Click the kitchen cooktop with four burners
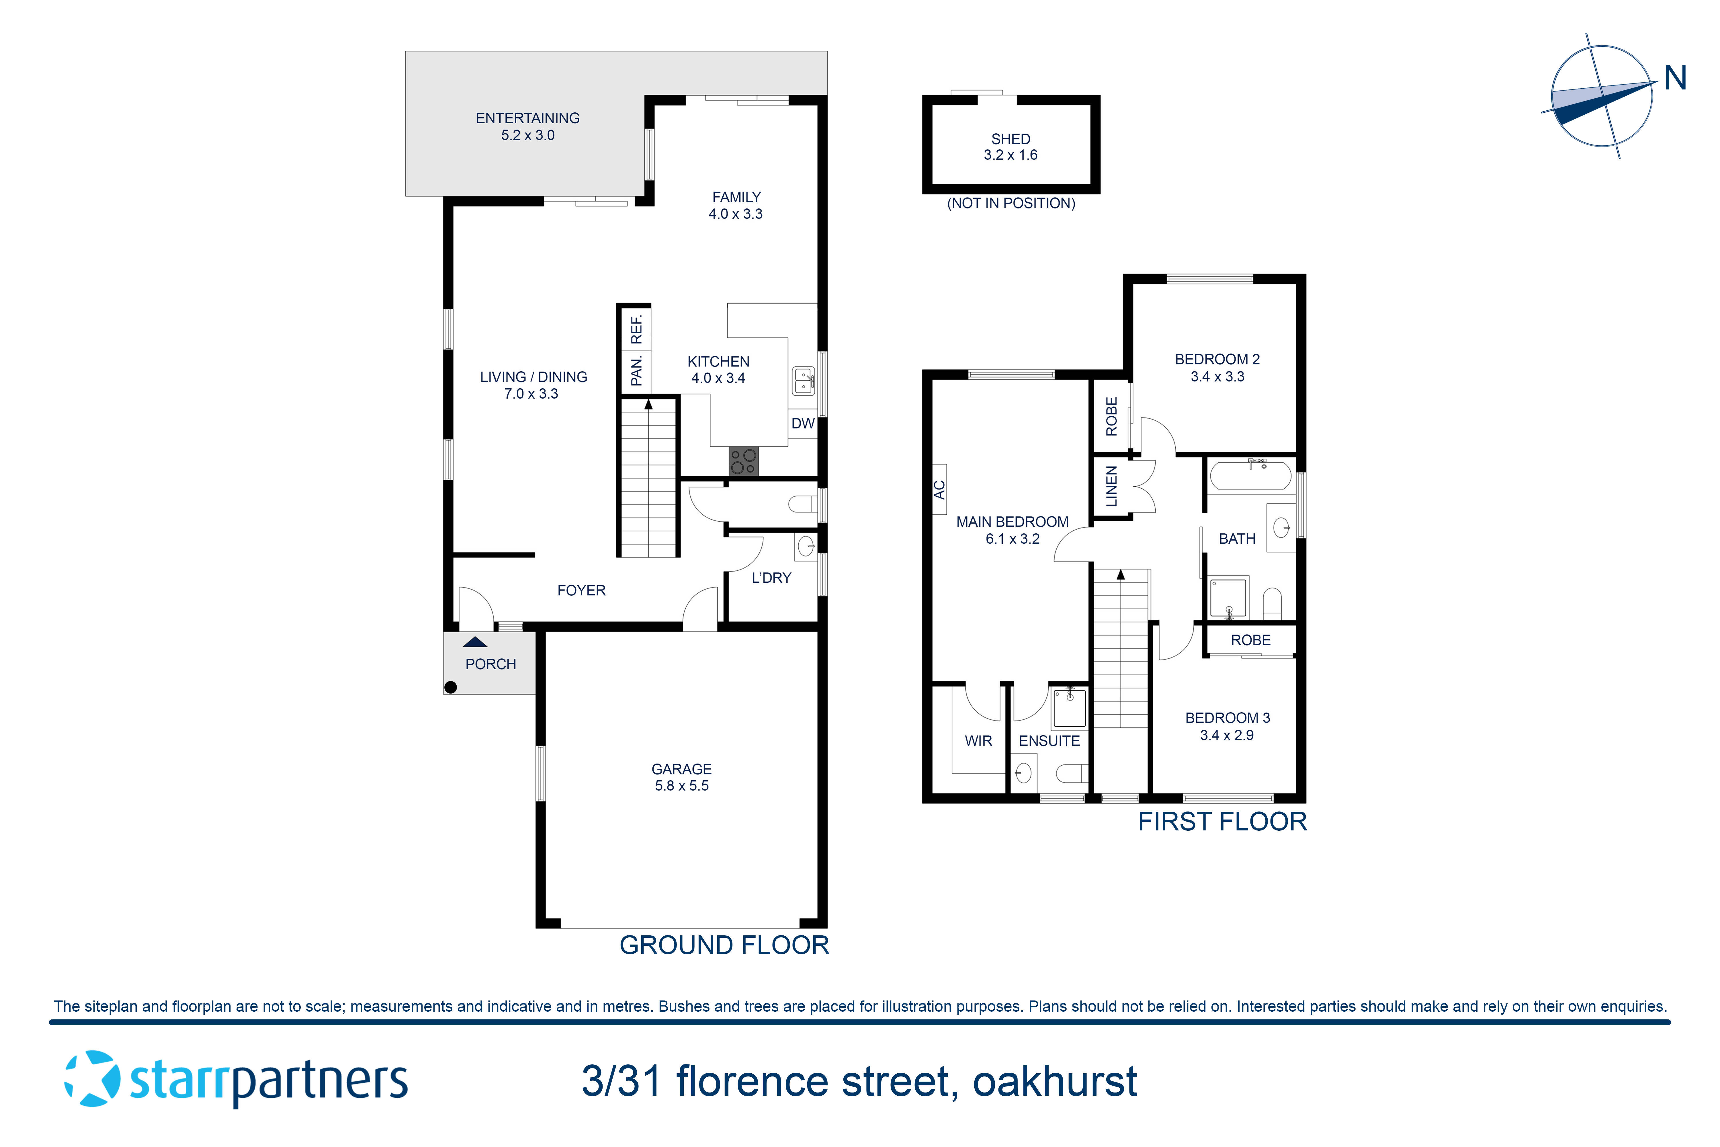click(x=743, y=462)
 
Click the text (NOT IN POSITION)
click(x=1011, y=203)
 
